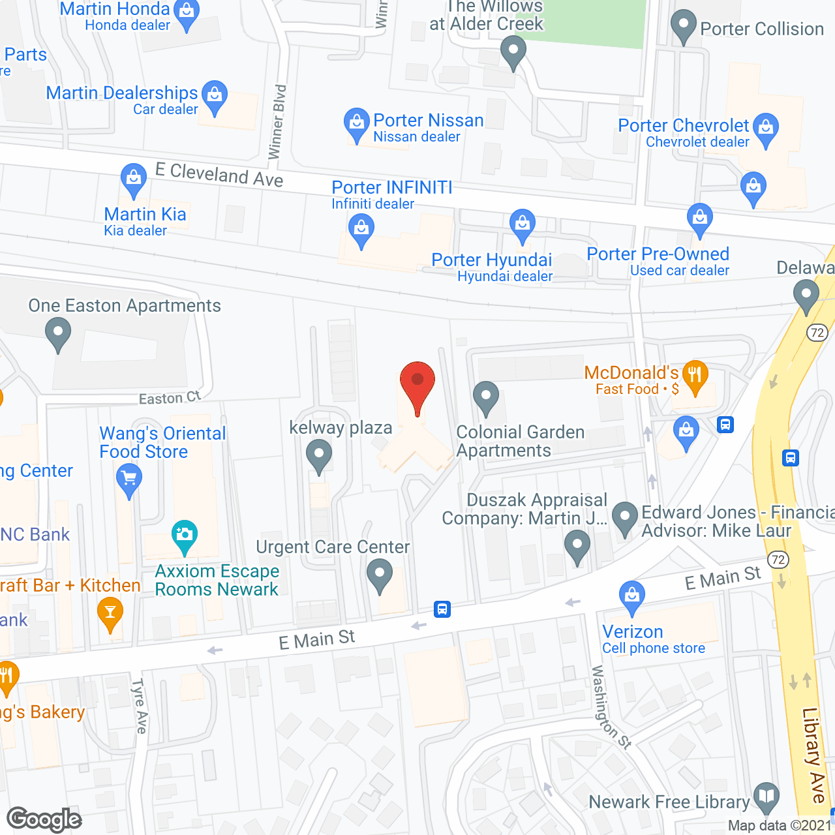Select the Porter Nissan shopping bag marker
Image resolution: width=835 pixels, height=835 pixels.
[x=356, y=123]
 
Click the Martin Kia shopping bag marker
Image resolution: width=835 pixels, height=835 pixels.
[x=134, y=179]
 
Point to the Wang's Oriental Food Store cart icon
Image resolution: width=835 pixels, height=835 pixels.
[x=129, y=480]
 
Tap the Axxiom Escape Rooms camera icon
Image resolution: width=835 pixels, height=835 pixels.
[x=185, y=535]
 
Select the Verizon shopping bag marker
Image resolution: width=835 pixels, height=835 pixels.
[x=631, y=596]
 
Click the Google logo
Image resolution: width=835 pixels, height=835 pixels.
[x=44, y=819]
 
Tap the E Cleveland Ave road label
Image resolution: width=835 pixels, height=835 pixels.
[x=219, y=175]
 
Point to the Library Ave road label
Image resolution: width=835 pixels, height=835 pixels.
[x=814, y=755]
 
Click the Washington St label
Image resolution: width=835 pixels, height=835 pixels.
[x=611, y=707]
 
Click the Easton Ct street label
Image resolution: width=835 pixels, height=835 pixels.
[x=170, y=397]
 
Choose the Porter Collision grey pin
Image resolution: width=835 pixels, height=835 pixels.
[x=684, y=25]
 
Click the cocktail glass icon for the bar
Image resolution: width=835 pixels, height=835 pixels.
[x=110, y=613]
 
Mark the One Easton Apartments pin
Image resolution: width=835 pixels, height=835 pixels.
[x=58, y=333]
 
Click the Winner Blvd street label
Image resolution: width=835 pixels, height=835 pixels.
[x=278, y=121]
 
